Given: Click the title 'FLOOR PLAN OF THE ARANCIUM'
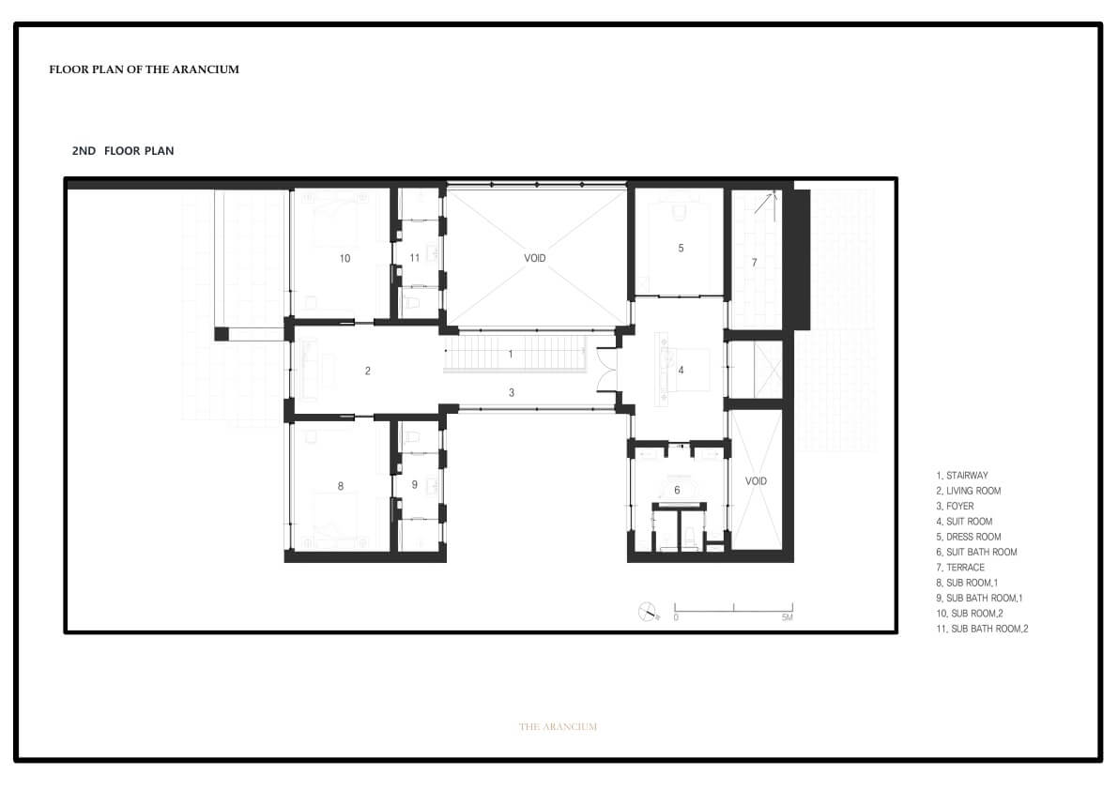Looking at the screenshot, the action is pyautogui.click(x=144, y=69).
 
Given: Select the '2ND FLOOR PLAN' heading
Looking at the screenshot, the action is pyautogui.click(x=123, y=150).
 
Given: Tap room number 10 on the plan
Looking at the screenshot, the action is pyautogui.click(x=345, y=259).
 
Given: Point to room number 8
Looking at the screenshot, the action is pyautogui.click(x=340, y=486).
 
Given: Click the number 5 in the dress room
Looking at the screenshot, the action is pyautogui.click(x=681, y=248).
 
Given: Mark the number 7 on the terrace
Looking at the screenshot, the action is pyautogui.click(x=755, y=263).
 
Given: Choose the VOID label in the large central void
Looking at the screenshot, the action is pyautogui.click(x=535, y=258).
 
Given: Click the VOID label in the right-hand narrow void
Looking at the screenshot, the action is pyautogui.click(x=756, y=480).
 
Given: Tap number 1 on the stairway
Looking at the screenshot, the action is pyautogui.click(x=511, y=354).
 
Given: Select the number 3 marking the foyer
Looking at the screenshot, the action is pyautogui.click(x=512, y=392).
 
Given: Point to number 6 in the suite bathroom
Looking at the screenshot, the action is pyautogui.click(x=678, y=490).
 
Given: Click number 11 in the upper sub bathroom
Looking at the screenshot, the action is pyautogui.click(x=414, y=258).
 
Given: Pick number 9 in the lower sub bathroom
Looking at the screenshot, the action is pyautogui.click(x=414, y=484).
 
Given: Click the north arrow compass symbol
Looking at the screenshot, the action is pyautogui.click(x=648, y=612).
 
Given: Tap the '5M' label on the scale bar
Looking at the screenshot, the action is pyautogui.click(x=788, y=617).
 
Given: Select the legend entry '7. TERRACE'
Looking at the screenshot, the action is pyautogui.click(x=959, y=567).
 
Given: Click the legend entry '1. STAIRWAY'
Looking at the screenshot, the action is pyautogui.click(x=962, y=475).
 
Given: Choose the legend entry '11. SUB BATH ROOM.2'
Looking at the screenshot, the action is pyautogui.click(x=982, y=629).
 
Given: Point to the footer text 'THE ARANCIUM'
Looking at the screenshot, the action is pyautogui.click(x=559, y=726).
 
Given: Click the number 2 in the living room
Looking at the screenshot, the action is pyautogui.click(x=368, y=371).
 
